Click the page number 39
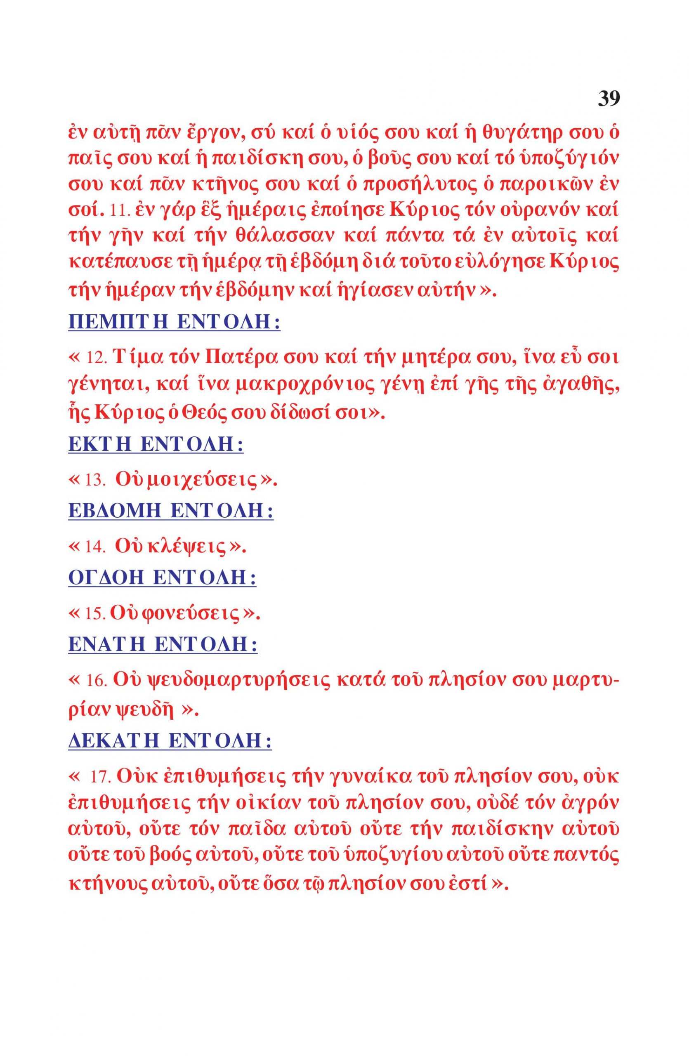609,98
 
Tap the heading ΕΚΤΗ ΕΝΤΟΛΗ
156,445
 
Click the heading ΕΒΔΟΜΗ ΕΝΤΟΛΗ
171,511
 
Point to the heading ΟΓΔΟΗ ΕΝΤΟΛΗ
163,577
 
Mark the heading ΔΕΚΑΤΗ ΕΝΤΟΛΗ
170,740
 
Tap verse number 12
96,358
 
